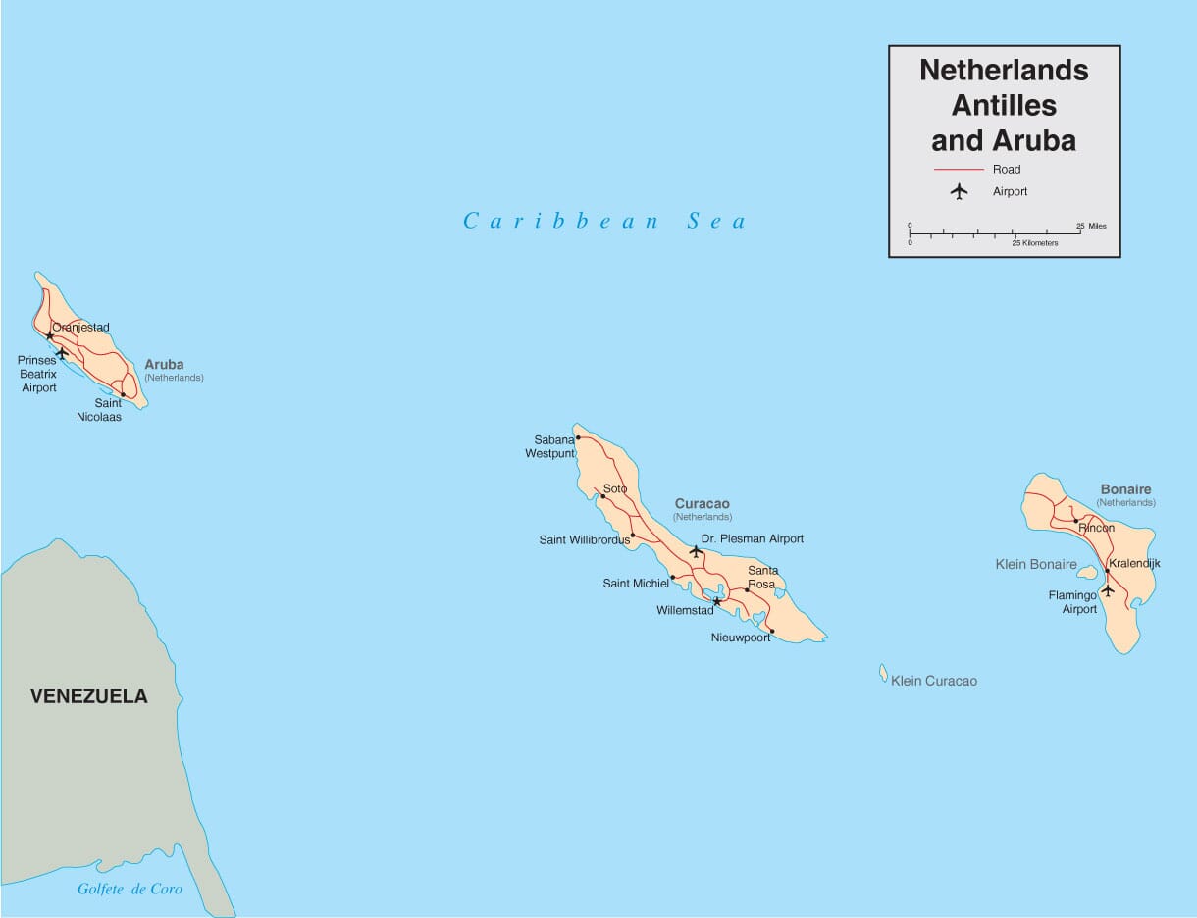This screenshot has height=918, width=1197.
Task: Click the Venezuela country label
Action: (x=88, y=696)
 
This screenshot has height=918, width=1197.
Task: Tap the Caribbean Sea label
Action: (x=604, y=222)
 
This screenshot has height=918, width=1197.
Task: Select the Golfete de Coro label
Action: (x=130, y=890)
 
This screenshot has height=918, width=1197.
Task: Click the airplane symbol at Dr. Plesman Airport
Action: (x=696, y=551)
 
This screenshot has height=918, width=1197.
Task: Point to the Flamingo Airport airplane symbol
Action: (x=1108, y=589)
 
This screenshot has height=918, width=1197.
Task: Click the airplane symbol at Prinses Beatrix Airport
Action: (x=62, y=352)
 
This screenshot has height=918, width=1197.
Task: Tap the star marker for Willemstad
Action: (x=716, y=601)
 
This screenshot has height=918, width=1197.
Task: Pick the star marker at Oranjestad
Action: (x=49, y=335)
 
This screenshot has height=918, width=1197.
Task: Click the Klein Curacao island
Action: (x=883, y=673)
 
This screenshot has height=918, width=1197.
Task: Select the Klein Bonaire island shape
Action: (x=1087, y=572)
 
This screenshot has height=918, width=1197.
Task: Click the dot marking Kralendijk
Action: (x=1107, y=570)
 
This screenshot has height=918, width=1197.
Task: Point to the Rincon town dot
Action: (x=1075, y=521)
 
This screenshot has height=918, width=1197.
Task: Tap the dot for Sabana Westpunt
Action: (x=578, y=437)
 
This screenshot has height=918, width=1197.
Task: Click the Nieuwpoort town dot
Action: (x=772, y=631)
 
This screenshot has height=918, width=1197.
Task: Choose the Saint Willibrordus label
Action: (x=584, y=540)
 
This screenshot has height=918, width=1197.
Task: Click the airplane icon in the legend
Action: (x=959, y=191)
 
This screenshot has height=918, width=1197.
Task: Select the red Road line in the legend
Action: (x=959, y=170)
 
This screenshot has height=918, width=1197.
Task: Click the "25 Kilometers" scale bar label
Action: (x=1035, y=243)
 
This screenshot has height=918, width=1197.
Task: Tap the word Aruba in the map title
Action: (x=1033, y=141)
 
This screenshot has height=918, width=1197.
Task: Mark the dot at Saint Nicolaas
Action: (x=123, y=394)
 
